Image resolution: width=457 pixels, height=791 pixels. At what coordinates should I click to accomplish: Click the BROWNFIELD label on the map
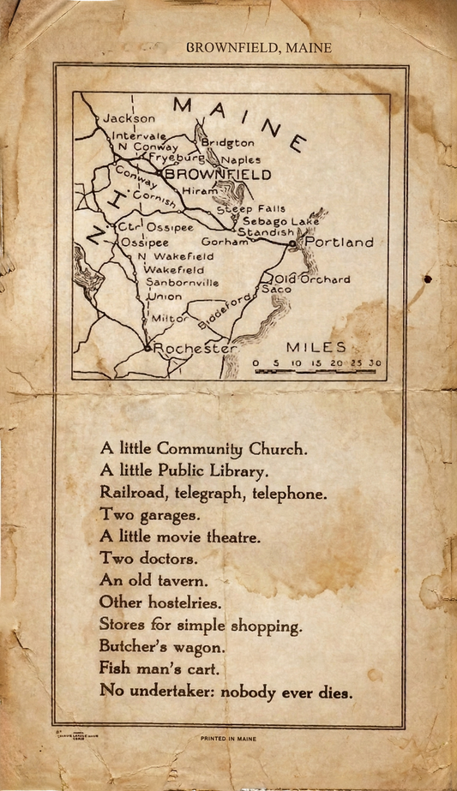pyautogui.click(x=218, y=175)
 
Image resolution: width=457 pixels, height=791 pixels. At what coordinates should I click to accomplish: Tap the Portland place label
pyautogui.click(x=340, y=243)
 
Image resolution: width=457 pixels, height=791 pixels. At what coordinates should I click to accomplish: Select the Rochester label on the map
pyautogui.click(x=195, y=350)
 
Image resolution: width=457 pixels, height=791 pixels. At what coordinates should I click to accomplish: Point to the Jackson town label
pyautogui.click(x=129, y=118)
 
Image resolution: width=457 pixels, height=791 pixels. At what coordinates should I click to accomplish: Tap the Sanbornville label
pyautogui.click(x=183, y=282)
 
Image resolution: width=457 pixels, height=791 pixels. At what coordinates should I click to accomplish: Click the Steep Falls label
pyautogui.click(x=250, y=209)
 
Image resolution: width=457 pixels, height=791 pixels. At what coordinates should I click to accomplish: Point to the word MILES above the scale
pyautogui.click(x=316, y=347)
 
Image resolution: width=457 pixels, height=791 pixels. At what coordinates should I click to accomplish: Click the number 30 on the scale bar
pyautogui.click(x=375, y=364)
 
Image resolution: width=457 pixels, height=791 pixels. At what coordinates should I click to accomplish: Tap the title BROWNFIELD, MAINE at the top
pyautogui.click(x=258, y=48)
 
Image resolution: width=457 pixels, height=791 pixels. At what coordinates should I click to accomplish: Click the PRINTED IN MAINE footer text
pyautogui.click(x=228, y=738)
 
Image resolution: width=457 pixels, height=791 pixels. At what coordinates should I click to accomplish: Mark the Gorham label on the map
pyautogui.click(x=225, y=243)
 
